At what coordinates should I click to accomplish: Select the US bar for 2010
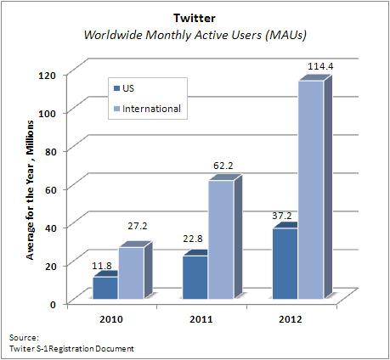click(x=105, y=289)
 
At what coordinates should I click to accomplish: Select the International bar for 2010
click(x=130, y=273)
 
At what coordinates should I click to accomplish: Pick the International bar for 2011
click(x=220, y=241)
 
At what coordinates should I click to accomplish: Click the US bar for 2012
click(x=285, y=264)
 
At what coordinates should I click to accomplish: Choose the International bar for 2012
click(x=310, y=190)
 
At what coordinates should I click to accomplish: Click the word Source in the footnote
click(x=21, y=337)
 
